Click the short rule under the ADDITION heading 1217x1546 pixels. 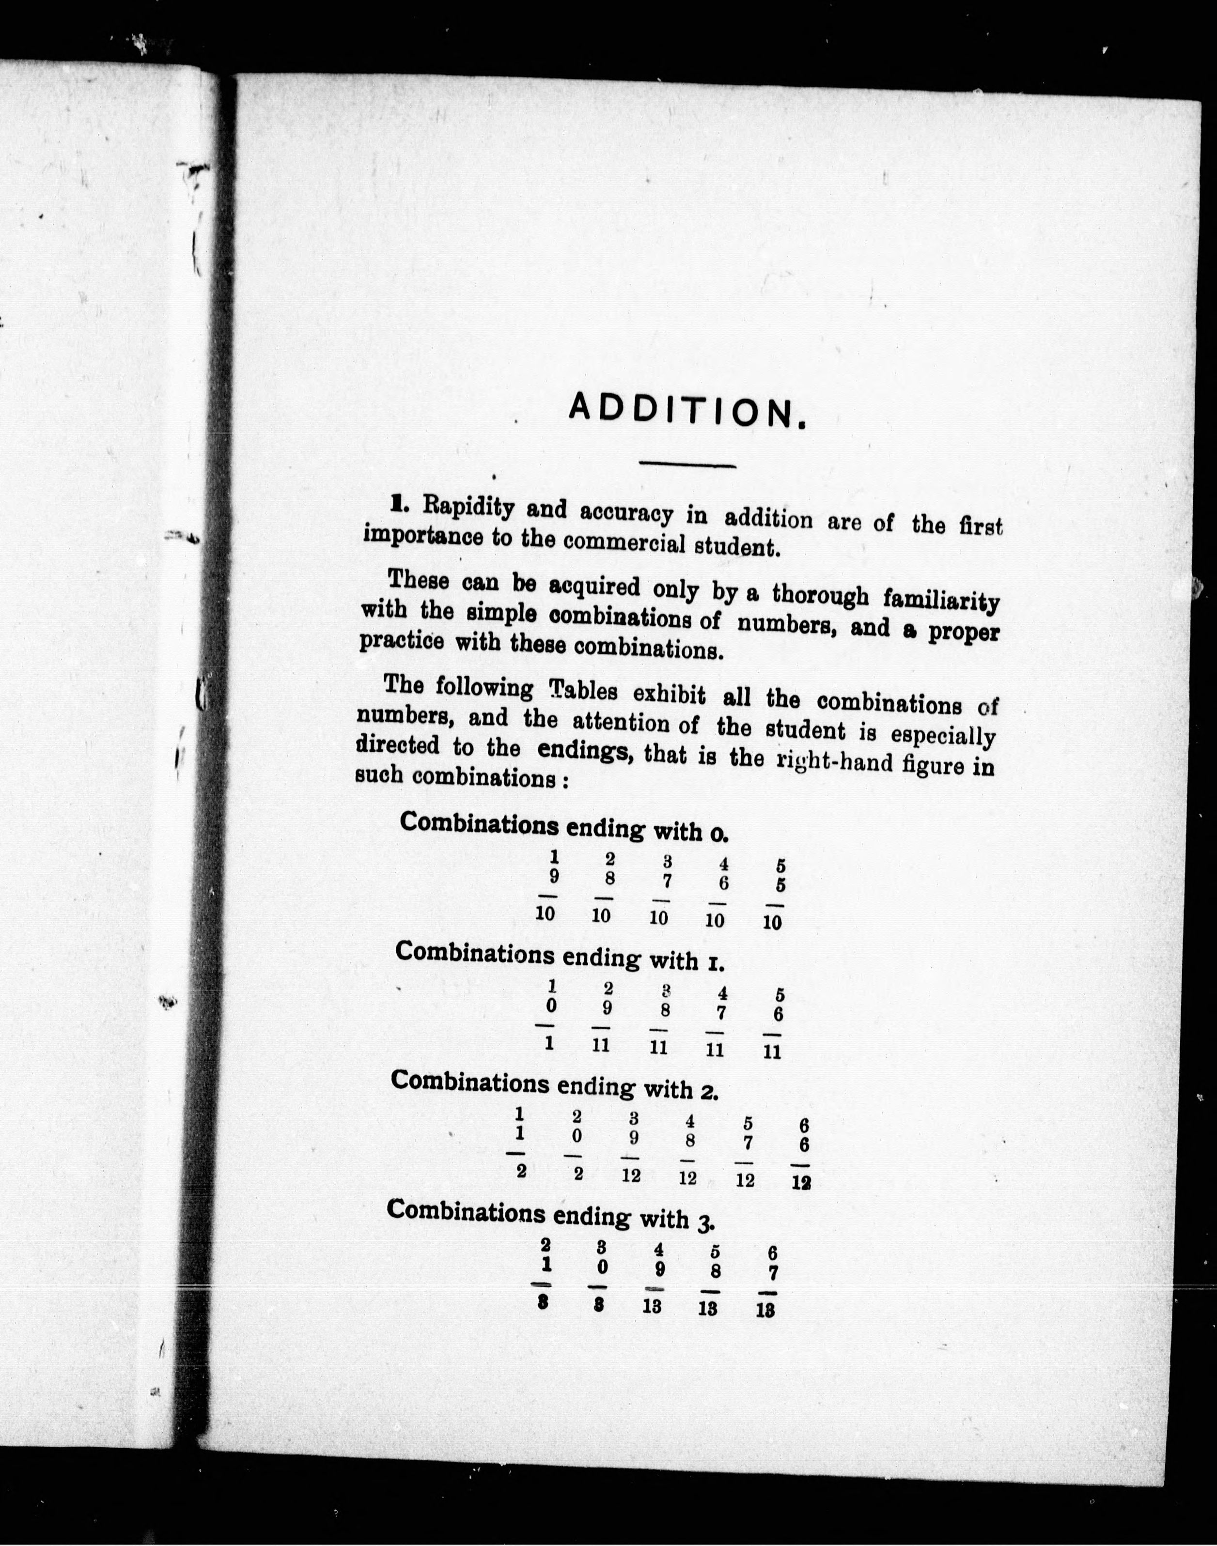point(687,466)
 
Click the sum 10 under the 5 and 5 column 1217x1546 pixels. point(772,923)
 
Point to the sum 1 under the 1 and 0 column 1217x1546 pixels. point(549,1044)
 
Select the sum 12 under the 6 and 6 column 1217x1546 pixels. point(802,1183)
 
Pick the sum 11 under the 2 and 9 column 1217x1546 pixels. point(601,1045)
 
